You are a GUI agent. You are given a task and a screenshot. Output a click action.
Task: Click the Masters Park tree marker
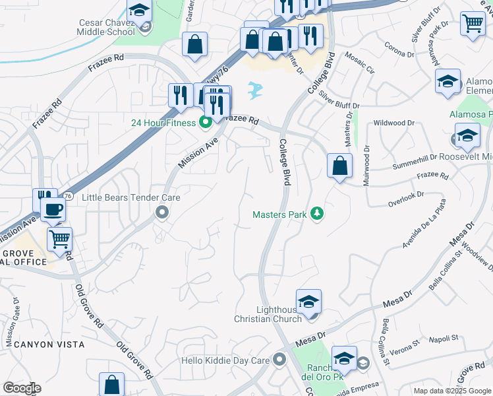click(x=318, y=214)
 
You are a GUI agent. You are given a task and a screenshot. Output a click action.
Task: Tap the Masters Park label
click(x=281, y=214)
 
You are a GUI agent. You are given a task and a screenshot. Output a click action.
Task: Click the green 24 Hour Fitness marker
click(x=205, y=121)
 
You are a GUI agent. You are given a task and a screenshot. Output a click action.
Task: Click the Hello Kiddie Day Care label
click(x=226, y=361)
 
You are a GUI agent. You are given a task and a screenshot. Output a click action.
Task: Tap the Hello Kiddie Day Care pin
click(x=279, y=360)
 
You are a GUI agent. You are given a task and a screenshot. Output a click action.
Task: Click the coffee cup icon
click(x=53, y=209)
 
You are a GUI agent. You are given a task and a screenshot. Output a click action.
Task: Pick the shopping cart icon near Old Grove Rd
click(x=59, y=239)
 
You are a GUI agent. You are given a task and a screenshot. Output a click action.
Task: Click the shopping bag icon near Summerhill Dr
click(x=339, y=166)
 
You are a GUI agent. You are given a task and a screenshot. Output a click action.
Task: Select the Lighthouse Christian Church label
click(x=268, y=314)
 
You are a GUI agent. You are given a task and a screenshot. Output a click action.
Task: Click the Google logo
click(x=22, y=388)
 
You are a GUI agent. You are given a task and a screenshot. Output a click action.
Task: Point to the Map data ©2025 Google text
click(x=452, y=391)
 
